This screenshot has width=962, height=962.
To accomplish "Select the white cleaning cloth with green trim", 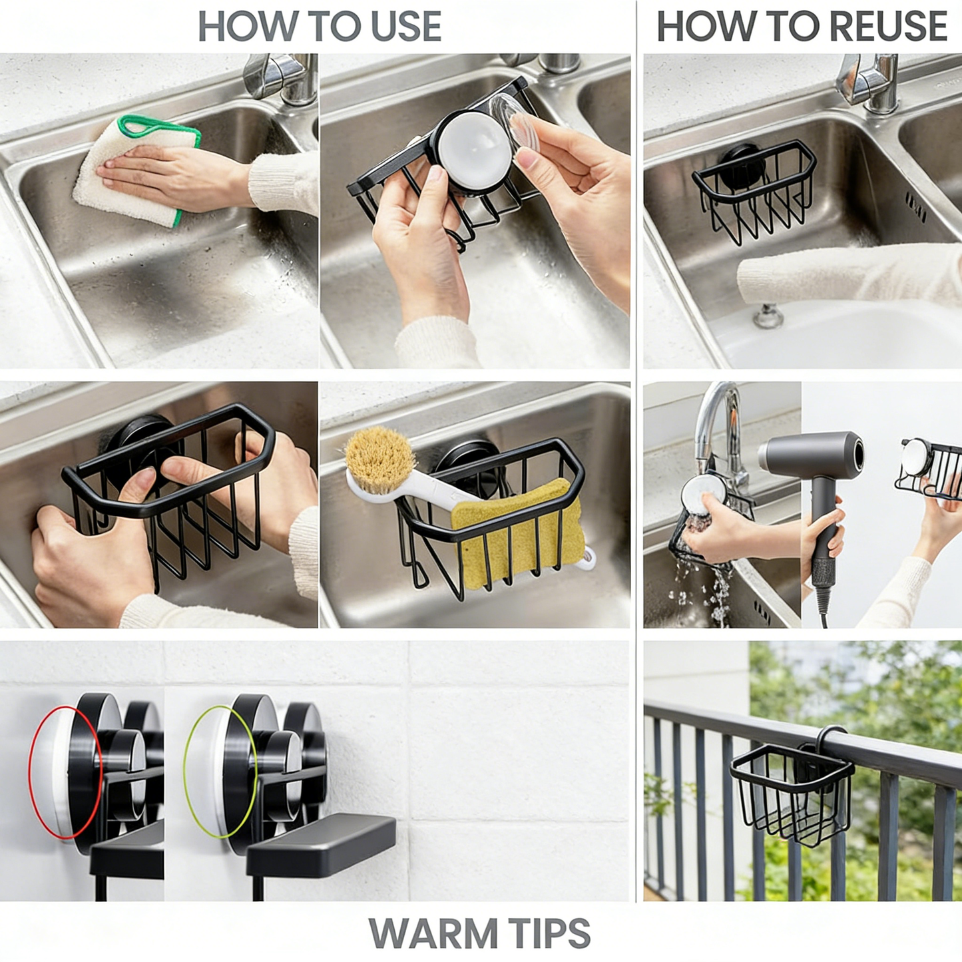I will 133,173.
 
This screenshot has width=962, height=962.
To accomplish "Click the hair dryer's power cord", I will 824,606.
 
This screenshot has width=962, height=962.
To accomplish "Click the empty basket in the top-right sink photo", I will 756,190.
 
